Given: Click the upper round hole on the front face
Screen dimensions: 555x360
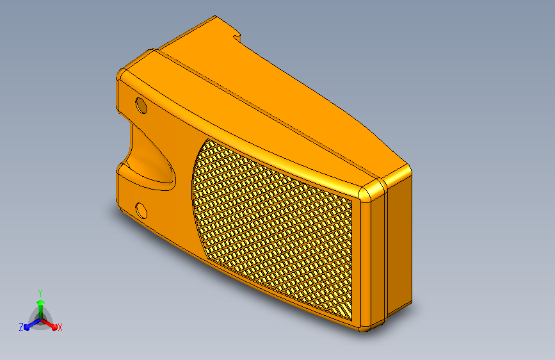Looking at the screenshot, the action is pyautogui.click(x=141, y=106).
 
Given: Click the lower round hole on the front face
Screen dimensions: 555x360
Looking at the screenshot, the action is pyautogui.click(x=141, y=211).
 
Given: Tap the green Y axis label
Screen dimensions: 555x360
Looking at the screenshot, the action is pyautogui.click(x=40, y=293).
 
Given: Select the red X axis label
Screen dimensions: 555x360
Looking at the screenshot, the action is pyautogui.click(x=60, y=327).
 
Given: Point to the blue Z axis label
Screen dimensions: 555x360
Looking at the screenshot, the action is pyautogui.click(x=21, y=327).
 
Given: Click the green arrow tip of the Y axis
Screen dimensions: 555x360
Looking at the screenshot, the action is pyautogui.click(x=40, y=302).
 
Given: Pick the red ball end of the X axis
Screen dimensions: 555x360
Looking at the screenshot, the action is pyautogui.click(x=54, y=327).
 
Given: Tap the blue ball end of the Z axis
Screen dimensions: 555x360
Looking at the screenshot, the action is pyautogui.click(x=27, y=328).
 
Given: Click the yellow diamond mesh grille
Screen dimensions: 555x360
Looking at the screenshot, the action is pyautogui.click(x=273, y=227).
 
